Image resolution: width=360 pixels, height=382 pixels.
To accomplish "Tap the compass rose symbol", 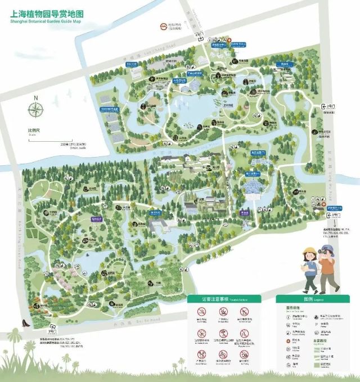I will click(x=37, y=111).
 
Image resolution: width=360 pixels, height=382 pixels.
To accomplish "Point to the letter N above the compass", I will click(x=37, y=98).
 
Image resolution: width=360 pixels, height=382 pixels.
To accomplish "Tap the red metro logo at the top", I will click(x=163, y=25).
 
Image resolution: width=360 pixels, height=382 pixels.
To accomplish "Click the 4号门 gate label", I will click(x=197, y=34).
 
